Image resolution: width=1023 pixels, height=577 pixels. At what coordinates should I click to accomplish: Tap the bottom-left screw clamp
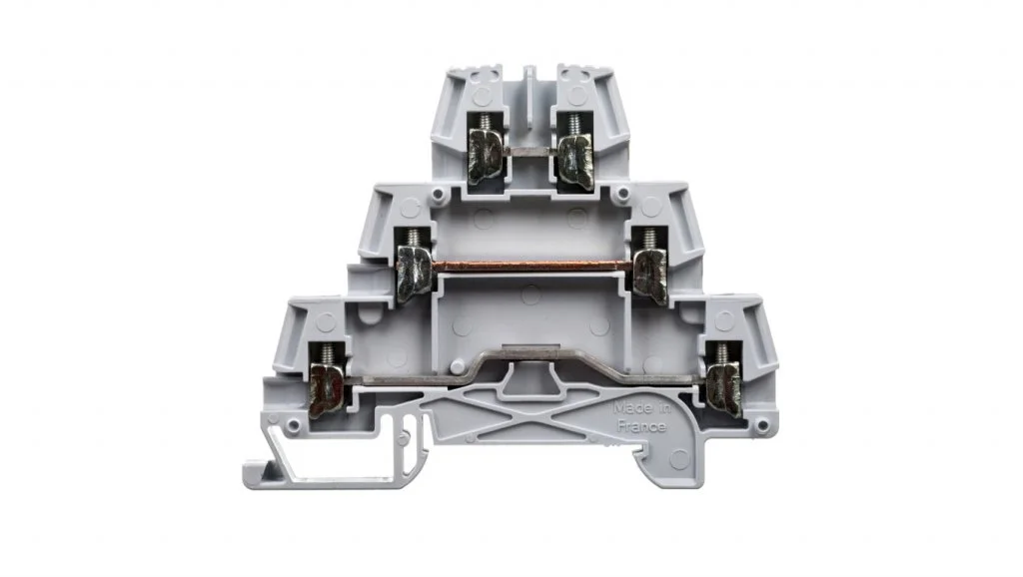tap(327, 388)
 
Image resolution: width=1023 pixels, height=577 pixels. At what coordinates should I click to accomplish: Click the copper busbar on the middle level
tap(533, 266)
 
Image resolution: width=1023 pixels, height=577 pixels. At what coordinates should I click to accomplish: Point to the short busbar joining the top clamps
tap(530, 151)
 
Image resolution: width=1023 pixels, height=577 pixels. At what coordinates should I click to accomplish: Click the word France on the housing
tap(642, 427)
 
